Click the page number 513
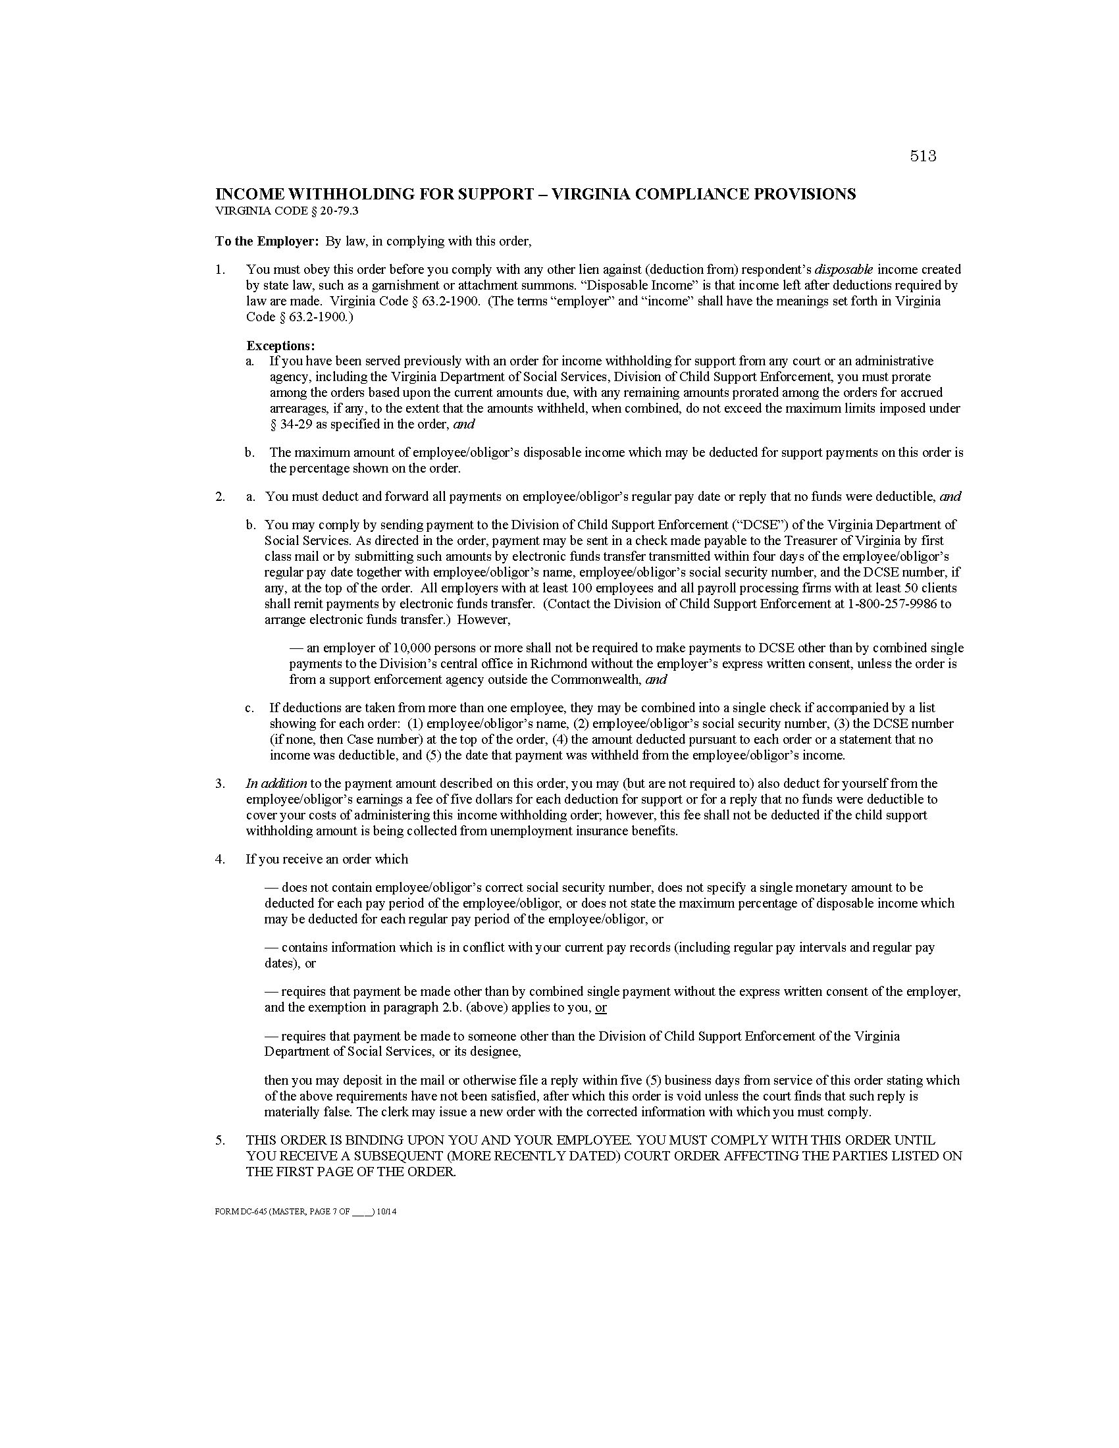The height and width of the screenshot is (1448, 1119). click(x=923, y=156)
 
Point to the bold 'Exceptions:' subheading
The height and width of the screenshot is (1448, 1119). click(x=280, y=346)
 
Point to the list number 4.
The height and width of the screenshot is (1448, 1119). click(x=220, y=859)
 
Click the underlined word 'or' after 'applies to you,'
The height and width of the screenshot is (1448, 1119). click(x=600, y=1008)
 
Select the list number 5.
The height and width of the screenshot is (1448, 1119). click(x=220, y=1141)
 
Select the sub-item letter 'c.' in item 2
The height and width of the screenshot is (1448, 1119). click(x=249, y=708)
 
